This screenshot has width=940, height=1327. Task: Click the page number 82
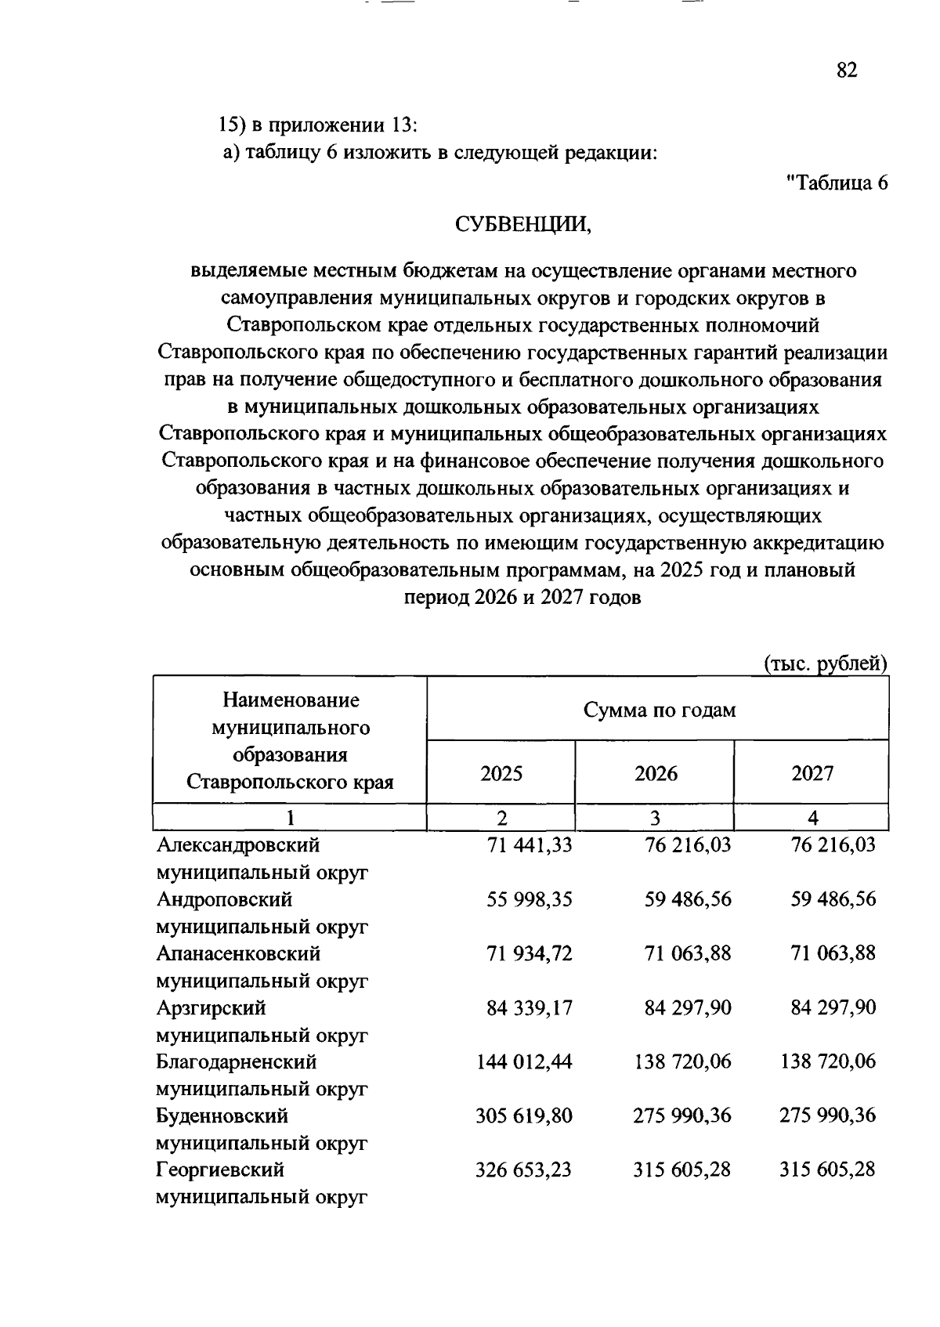tap(847, 71)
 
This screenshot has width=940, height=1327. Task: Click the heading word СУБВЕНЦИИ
tap(522, 226)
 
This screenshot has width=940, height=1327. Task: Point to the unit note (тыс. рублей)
tap(825, 664)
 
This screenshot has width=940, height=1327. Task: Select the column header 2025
tap(501, 774)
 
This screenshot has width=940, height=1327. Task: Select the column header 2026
tap(656, 774)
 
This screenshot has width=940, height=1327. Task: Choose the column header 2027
tap(812, 774)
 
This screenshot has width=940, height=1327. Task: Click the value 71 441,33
tap(529, 845)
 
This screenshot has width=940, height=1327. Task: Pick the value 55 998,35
tap(529, 899)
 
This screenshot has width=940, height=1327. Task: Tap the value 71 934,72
tap(529, 953)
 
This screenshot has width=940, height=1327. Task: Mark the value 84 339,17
tap(529, 1007)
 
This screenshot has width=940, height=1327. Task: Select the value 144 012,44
tap(524, 1061)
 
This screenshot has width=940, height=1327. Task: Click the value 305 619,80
tap(524, 1115)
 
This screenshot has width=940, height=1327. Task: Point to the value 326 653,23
tap(524, 1170)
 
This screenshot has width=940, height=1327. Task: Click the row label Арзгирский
tap(211, 1007)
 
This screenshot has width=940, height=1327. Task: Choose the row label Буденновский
tap(222, 1115)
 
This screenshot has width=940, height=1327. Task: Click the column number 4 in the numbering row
tap(813, 819)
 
